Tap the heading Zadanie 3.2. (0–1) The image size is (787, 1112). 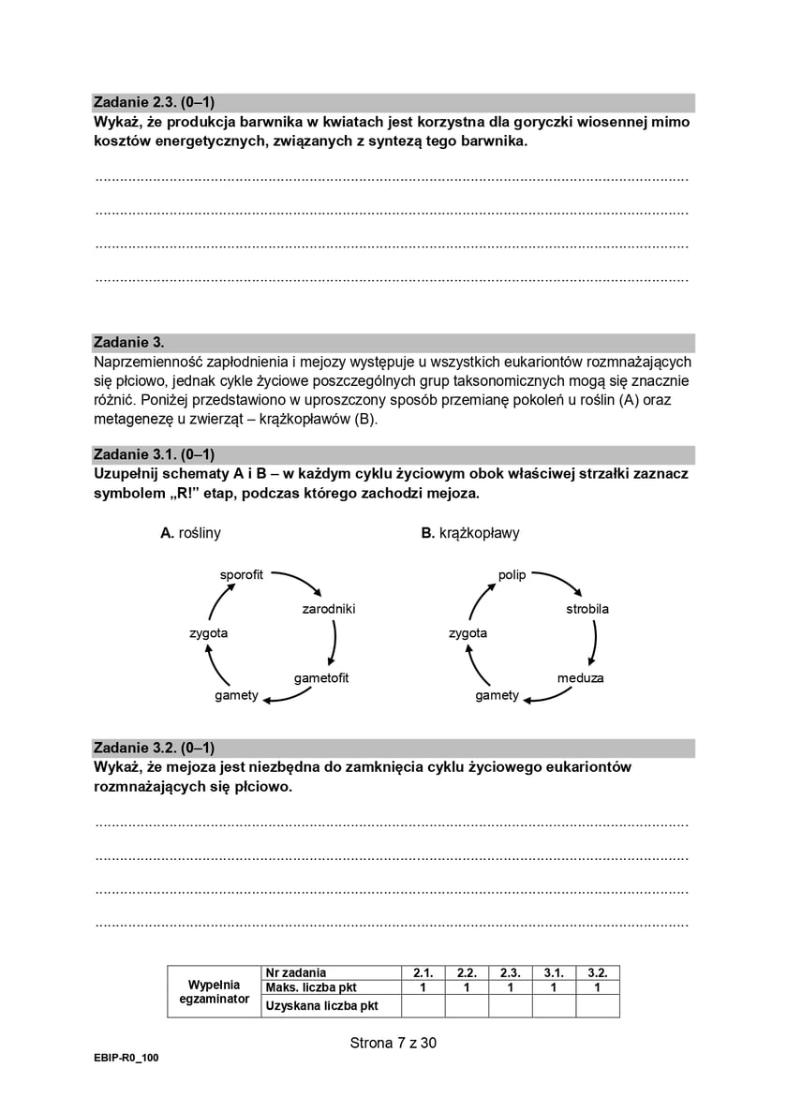click(154, 748)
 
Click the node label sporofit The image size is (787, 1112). click(241, 574)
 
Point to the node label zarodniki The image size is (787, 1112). click(329, 609)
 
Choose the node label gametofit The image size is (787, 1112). click(321, 677)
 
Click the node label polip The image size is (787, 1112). click(512, 574)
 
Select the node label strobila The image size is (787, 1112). click(587, 609)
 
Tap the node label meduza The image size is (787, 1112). click(581, 677)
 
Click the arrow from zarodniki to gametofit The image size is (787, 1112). click(334, 644)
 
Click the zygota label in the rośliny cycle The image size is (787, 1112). click(208, 633)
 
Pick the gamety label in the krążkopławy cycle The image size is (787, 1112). click(497, 695)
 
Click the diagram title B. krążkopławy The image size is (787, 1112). click(469, 533)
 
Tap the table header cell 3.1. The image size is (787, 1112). click(554, 972)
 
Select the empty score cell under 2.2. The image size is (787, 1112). click(467, 1005)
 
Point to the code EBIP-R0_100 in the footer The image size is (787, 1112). click(126, 1057)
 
